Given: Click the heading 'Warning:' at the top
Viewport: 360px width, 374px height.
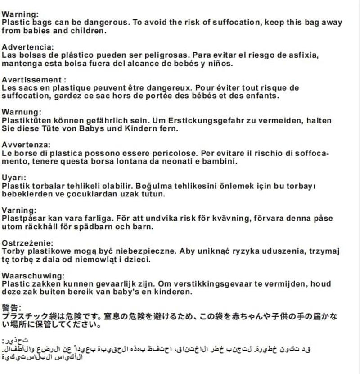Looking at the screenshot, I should (x=20, y=14).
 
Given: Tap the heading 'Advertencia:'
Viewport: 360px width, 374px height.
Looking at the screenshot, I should (x=28, y=47).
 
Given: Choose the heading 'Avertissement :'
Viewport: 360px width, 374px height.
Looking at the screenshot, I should (x=34, y=79).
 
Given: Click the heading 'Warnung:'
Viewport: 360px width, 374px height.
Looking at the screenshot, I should (x=22, y=112).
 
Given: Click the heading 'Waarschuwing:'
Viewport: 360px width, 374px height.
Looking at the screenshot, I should (x=33, y=275).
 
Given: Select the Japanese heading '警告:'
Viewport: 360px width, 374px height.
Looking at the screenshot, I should (x=12, y=308).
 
